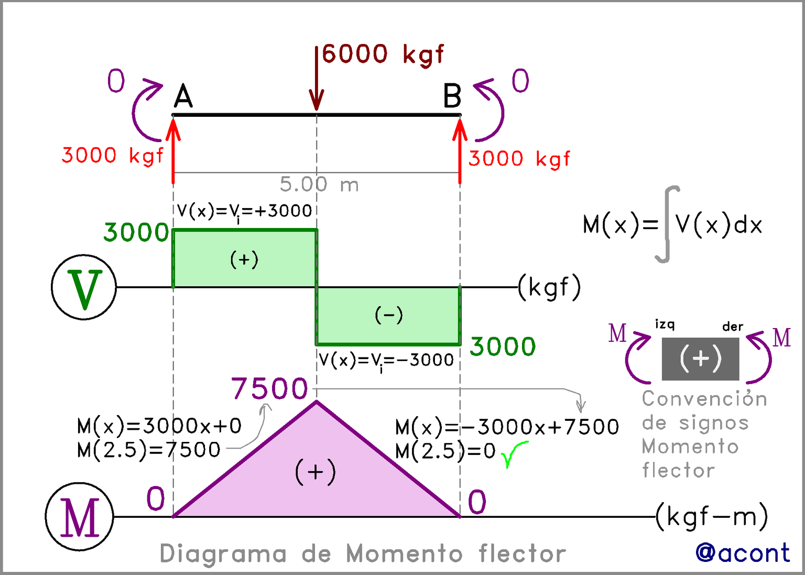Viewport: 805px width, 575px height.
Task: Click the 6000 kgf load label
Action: [383, 54]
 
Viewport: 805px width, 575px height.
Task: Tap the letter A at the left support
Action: [183, 96]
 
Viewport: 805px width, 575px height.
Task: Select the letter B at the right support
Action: [452, 96]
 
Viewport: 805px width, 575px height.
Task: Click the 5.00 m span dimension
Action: [319, 185]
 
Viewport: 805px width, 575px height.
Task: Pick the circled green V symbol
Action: [84, 287]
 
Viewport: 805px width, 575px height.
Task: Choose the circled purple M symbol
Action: [80, 517]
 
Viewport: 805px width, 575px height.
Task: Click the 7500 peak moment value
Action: [269, 388]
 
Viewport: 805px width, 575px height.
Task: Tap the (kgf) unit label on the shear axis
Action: [549, 287]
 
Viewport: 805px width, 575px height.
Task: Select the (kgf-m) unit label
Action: [712, 517]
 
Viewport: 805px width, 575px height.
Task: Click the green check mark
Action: [513, 453]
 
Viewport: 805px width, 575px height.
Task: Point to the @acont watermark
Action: [743, 553]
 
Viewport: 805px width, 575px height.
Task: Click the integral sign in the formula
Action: [667, 224]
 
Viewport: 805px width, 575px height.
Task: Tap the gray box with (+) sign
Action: [700, 359]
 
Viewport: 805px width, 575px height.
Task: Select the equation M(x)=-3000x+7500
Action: [507, 427]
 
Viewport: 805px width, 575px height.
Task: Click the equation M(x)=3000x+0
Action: [159, 426]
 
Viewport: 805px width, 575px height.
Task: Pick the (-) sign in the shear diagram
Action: [389, 314]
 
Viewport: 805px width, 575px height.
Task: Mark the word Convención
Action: [704, 399]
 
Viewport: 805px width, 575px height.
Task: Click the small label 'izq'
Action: [665, 324]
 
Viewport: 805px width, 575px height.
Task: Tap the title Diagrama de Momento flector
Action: [363, 554]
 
